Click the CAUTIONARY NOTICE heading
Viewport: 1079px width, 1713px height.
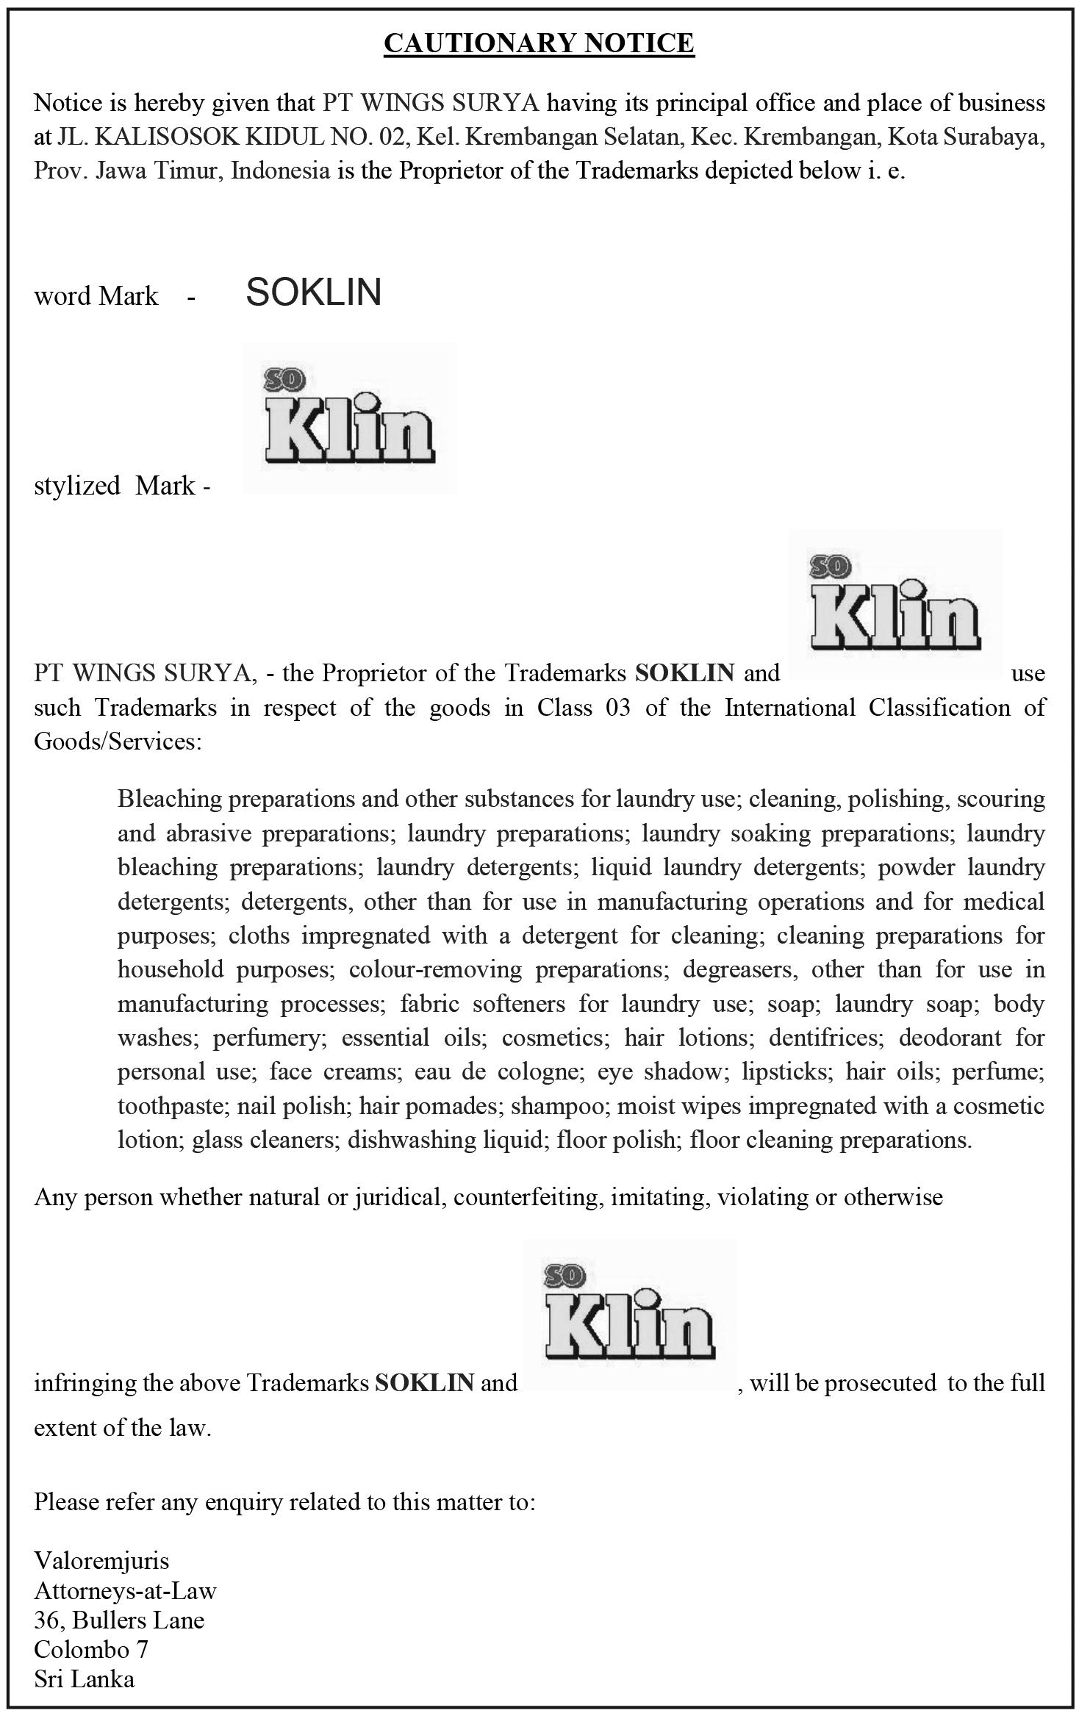click(539, 43)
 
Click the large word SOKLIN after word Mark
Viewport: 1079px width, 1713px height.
click(313, 292)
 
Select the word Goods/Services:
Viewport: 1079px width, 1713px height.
click(117, 741)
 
